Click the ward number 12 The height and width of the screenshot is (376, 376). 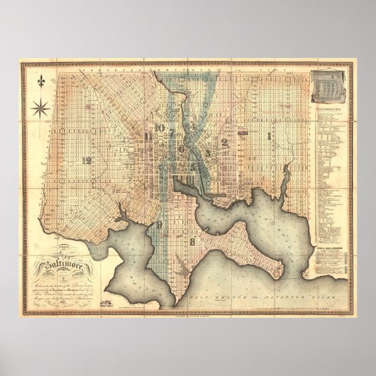point(87,160)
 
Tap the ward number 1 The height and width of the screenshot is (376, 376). point(269,133)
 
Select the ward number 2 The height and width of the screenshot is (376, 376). point(224,141)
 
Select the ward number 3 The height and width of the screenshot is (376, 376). point(207,150)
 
